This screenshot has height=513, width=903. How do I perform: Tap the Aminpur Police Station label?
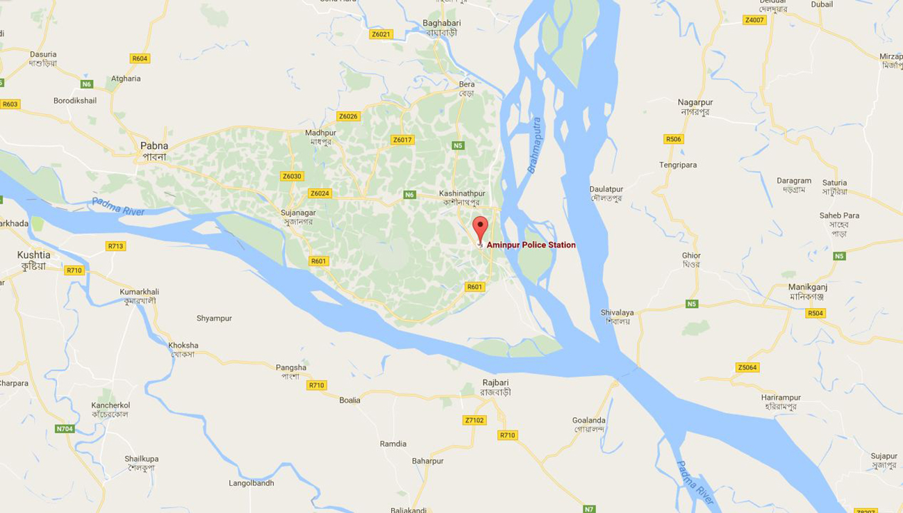[531, 245]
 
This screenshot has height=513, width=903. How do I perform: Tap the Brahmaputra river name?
[533, 145]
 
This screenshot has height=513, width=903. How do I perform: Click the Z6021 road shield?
[381, 34]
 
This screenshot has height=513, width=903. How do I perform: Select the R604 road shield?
[140, 58]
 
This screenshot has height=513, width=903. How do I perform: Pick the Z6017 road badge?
[402, 140]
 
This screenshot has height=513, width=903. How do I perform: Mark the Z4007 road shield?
[754, 20]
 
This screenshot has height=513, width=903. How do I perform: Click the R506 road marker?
[673, 139]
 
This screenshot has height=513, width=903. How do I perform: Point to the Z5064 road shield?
[747, 367]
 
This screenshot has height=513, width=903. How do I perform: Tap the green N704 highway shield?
[65, 429]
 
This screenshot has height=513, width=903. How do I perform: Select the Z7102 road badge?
[474, 420]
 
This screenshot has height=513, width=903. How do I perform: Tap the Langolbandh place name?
[251, 483]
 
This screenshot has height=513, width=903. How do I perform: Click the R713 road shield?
[115, 246]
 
